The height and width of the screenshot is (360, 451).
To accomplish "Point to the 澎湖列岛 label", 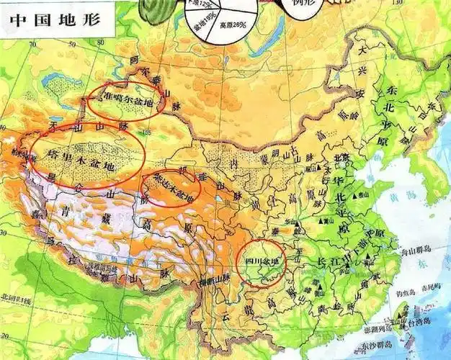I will [x=377, y=328].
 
